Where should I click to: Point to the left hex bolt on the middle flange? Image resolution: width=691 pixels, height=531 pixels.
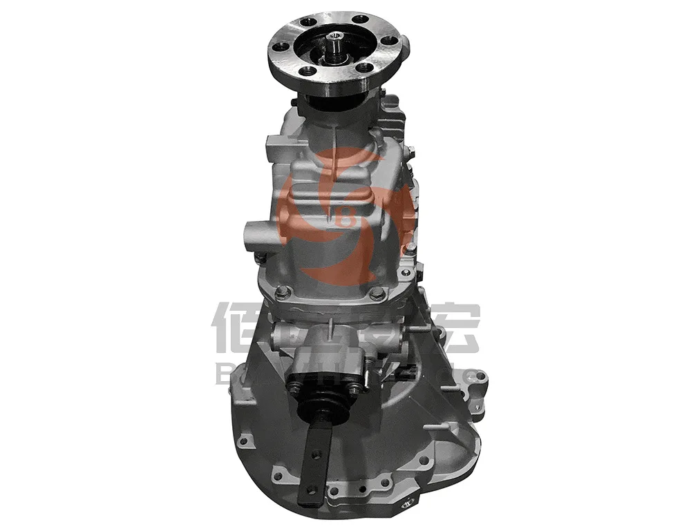[281, 293]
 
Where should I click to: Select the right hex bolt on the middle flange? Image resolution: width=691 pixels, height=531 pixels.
[377, 293]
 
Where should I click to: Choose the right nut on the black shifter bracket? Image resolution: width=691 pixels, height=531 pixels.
[354, 389]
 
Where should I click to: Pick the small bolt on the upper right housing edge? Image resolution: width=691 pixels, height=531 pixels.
[410, 151]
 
